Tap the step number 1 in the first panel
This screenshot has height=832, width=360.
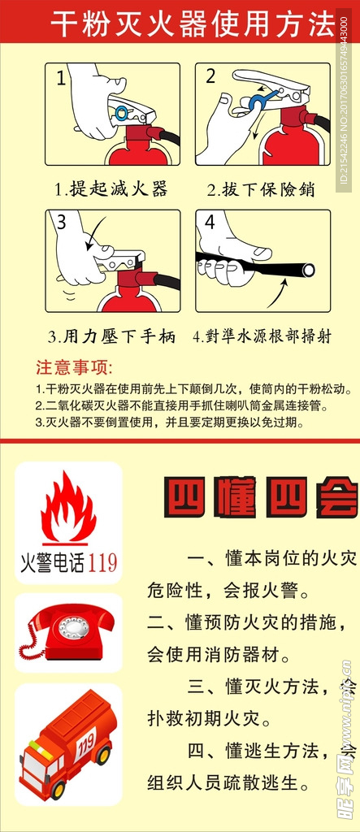click(62, 79)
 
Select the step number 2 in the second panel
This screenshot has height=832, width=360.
click(210, 77)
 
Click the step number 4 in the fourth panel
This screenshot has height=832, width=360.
click(210, 222)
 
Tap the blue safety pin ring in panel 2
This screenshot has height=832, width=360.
click(258, 100)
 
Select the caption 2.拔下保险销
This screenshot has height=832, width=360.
click(260, 189)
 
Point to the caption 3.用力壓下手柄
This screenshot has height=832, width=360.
click(111, 336)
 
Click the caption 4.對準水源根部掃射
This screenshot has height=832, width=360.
click(262, 336)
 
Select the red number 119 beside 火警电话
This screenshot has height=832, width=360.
click(102, 561)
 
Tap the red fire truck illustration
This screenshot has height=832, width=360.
click(68, 741)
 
